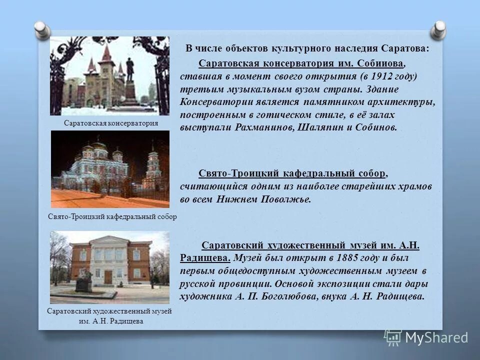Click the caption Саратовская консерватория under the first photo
pyautogui.click(x=111, y=123)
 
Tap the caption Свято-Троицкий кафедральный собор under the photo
pyautogui.click(x=109, y=216)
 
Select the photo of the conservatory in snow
pyautogui.click(x=110, y=75)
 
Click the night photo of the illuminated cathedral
pyautogui.click(x=110, y=169)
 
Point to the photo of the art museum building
pyautogui.click(x=110, y=267)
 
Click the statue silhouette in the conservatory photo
pyautogui.click(x=130, y=70)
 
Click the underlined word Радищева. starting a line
pyautogui.click(x=205, y=258)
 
